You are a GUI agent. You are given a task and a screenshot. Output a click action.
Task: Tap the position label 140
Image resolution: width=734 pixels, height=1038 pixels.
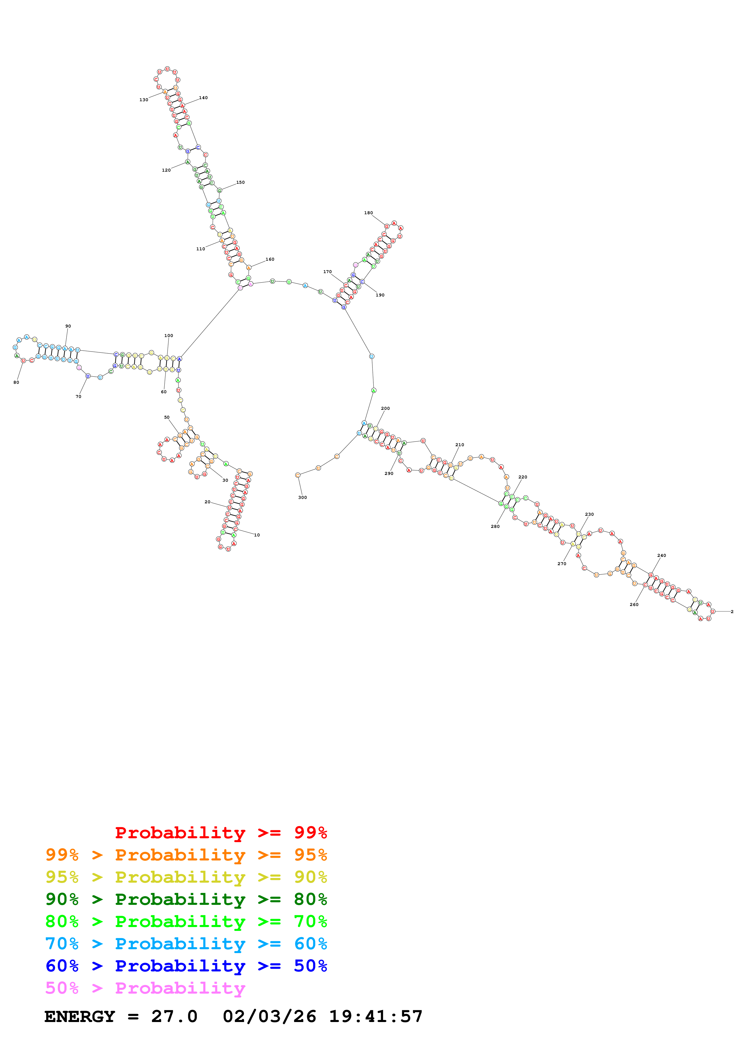click(203, 98)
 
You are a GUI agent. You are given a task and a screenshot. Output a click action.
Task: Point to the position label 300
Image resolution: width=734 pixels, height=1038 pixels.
click(303, 497)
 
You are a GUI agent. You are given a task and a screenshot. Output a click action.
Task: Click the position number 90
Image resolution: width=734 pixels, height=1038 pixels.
click(68, 326)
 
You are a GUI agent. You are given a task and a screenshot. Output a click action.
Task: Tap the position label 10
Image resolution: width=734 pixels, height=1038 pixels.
click(257, 535)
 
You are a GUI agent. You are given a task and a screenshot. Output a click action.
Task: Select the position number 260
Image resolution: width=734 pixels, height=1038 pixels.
click(634, 605)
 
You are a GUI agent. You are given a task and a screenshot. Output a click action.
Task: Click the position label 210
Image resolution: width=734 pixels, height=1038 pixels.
click(460, 445)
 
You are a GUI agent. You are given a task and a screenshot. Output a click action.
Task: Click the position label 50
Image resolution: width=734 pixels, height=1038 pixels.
click(167, 417)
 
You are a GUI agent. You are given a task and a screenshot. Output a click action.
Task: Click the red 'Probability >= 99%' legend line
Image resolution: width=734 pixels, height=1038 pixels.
click(221, 832)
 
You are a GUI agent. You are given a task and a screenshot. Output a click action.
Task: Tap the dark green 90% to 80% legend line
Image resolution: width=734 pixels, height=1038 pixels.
click(186, 899)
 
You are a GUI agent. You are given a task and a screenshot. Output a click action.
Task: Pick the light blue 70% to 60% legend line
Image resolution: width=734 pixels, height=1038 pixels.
click(186, 944)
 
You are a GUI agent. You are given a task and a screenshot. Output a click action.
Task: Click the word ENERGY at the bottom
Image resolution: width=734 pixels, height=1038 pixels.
click(80, 1016)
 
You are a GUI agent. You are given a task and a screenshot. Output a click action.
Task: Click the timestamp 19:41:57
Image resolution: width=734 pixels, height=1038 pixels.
click(375, 1016)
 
